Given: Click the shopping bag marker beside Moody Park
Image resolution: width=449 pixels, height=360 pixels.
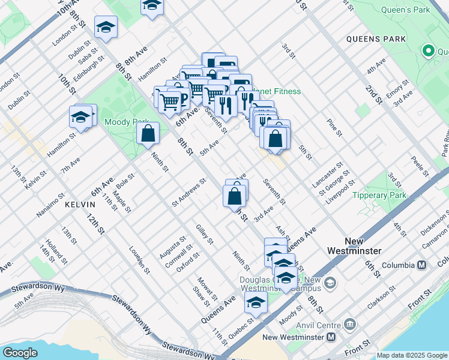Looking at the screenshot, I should pyautogui.click(x=148, y=133).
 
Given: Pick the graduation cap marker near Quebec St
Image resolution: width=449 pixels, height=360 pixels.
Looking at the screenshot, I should pyautogui.click(x=256, y=302).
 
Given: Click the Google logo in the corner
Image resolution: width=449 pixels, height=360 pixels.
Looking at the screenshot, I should pyautogui.click(x=20, y=353).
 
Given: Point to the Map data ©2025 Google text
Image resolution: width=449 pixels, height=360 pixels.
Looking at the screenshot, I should pyautogui.click(x=412, y=355).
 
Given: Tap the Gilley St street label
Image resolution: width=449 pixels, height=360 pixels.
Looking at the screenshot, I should pyautogui.click(x=205, y=234).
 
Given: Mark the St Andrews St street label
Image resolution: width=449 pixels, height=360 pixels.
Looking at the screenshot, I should pyautogui.click(x=188, y=192).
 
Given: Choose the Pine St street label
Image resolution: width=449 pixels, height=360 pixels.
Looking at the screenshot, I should pyautogui.click(x=334, y=127).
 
